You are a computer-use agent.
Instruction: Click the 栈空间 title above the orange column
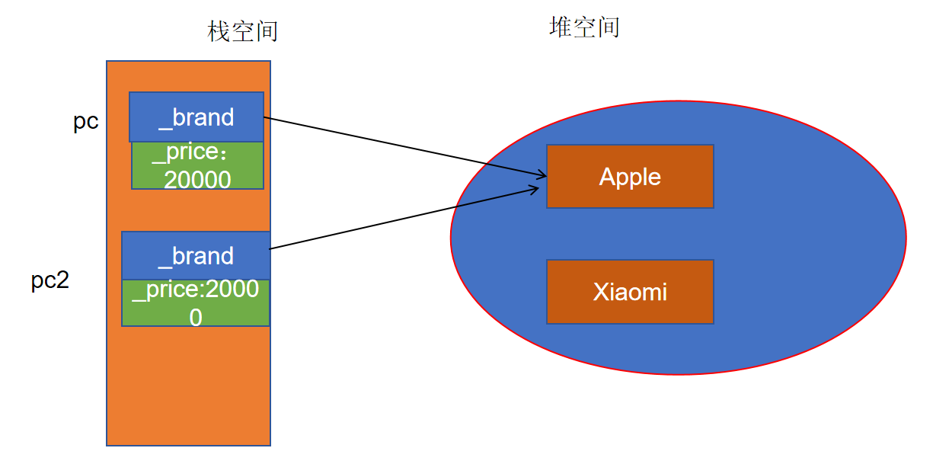point(243,31)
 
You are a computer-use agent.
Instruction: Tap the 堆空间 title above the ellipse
point(584,27)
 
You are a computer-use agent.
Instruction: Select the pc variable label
point(86,122)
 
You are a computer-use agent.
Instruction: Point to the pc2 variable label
point(50,280)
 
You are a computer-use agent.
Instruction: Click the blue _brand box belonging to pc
point(197,117)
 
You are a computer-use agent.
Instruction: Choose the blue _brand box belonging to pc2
point(196,255)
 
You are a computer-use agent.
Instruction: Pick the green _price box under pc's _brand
point(197,166)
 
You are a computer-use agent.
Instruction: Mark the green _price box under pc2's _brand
point(196,303)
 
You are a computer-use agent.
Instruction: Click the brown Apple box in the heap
point(630,176)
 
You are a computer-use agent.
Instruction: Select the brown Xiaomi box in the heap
point(630,292)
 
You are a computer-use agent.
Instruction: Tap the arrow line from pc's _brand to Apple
point(404,146)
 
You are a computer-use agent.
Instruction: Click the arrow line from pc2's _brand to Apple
point(404,218)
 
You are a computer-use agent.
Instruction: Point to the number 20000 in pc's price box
point(197,179)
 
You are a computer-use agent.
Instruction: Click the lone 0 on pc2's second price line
point(196,317)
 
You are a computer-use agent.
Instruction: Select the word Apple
point(630,177)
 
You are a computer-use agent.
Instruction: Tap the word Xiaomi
point(630,292)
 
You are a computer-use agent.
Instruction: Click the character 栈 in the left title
point(219,31)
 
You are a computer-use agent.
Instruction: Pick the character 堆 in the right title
point(561,27)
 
